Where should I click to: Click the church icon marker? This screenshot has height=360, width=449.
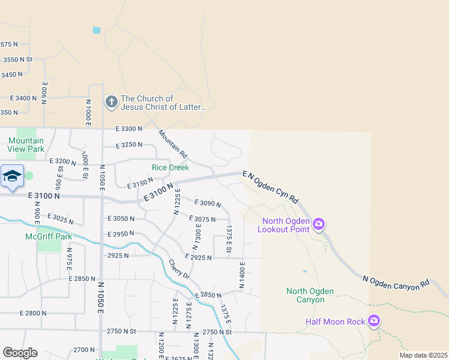(111, 102)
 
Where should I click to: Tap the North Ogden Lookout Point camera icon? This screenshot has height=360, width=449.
(319, 224)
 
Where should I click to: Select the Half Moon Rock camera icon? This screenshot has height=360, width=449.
(375, 322)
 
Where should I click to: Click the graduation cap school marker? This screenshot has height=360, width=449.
(12, 176)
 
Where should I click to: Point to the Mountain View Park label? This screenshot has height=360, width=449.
(26, 144)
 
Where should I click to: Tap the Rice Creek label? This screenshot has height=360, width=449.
(170, 167)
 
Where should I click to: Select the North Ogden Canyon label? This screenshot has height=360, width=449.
(310, 295)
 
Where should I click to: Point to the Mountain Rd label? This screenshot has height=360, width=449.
(173, 144)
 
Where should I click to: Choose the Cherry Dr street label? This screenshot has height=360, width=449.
(179, 269)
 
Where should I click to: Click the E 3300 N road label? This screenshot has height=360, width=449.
(129, 128)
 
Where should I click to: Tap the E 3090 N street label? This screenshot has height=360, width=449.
(208, 203)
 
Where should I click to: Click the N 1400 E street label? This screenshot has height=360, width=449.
(243, 275)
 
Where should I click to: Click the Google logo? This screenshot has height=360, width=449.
(20, 353)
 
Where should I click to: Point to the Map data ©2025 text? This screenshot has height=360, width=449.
(423, 355)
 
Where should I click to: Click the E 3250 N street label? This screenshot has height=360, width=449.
(129, 145)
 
